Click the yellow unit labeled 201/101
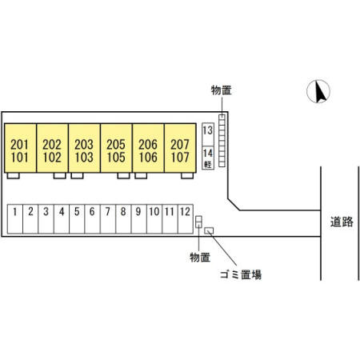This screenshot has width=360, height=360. tap(20, 148)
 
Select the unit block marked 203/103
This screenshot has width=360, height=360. tap(84, 148)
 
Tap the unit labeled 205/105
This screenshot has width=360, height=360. tap(116, 148)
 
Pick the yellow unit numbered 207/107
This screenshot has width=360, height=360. tap(180, 148)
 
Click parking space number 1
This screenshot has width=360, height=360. tap(15, 219)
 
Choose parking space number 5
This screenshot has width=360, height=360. tap(77, 219)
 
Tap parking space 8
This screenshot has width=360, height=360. tap(123, 219)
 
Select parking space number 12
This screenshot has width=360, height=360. tap(186, 219)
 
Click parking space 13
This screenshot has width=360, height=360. tap(208, 134)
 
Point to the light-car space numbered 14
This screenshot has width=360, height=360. tap(208, 158)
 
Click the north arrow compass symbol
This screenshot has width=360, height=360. tap(318, 91)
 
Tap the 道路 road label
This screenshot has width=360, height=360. tap(342, 222)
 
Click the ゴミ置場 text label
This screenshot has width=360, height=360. tap(241, 274)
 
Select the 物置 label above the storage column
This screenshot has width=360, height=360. tap(222, 90)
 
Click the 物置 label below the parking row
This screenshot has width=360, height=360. tap(200, 258)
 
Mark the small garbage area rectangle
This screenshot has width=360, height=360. tap(209, 230)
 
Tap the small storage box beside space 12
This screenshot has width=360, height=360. tap(198, 222)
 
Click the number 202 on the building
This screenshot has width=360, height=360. tap(52, 145)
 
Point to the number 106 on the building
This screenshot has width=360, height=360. tap(148, 157)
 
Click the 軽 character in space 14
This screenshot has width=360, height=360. tap(208, 164)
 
